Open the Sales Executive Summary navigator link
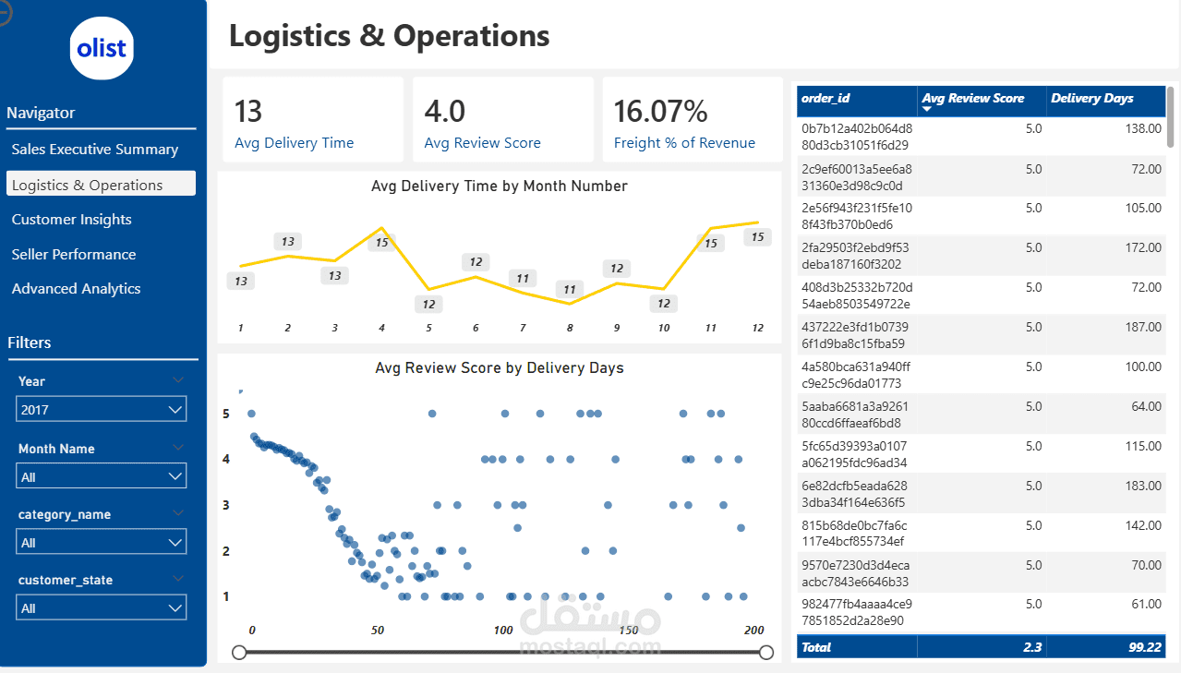95,150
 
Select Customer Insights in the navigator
71,220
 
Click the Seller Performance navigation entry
74,255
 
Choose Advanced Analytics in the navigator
77,289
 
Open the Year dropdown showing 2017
102,409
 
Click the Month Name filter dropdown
102,476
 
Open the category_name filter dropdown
102,542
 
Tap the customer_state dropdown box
102,607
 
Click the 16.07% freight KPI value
661,112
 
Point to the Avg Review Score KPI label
482,143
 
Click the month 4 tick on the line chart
381,328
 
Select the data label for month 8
571,290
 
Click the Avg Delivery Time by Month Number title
499,186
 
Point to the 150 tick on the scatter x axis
628,630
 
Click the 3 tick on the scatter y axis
226,505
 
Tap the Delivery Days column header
1091,99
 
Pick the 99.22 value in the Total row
1144,647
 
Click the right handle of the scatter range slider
765,653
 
